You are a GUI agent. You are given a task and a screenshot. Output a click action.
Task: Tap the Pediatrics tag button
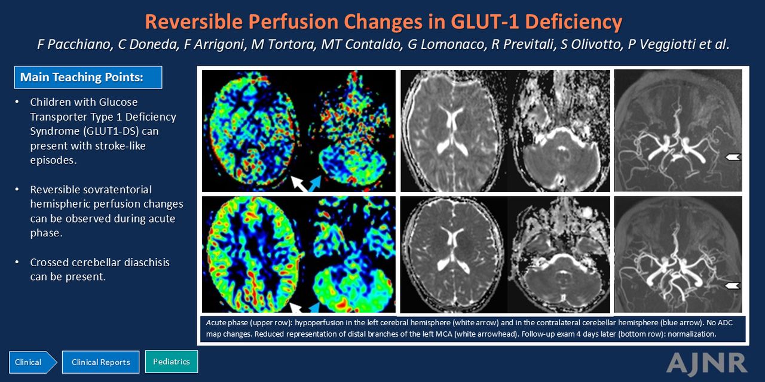[172, 362]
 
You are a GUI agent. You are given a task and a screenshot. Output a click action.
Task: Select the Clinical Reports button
[101, 362]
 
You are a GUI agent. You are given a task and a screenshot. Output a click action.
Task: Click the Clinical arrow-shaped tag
[33, 362]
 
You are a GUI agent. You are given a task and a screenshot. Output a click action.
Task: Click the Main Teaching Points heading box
[88, 78]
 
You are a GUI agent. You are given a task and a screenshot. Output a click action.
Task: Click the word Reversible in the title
[194, 22]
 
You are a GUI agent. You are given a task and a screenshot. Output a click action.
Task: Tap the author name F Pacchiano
[75, 45]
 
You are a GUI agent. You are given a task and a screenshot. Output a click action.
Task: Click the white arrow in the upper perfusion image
[299, 184]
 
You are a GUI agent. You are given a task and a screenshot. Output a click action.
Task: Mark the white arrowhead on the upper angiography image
[733, 157]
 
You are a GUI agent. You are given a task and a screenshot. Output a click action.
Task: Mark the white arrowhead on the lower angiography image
[733, 285]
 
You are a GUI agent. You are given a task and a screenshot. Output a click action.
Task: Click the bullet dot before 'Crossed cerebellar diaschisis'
[17, 262]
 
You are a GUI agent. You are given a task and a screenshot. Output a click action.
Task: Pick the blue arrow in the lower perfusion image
[314, 307]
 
